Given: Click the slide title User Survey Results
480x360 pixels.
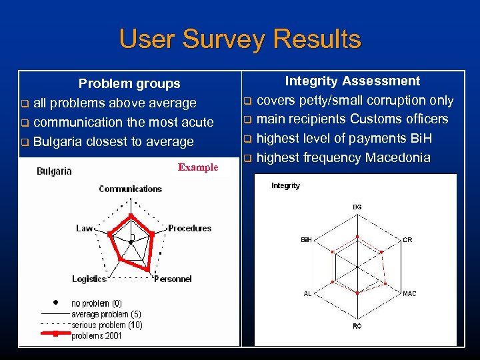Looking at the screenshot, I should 240,39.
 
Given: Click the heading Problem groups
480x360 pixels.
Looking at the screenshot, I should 129,84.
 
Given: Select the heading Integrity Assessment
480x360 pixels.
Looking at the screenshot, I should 352,81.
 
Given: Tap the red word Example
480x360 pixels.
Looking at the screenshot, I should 198,167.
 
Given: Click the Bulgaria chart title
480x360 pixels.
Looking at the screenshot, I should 54,171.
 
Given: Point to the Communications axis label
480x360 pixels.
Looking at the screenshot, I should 130,189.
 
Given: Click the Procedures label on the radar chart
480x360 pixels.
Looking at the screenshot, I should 189,228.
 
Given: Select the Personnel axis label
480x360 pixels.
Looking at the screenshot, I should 173,279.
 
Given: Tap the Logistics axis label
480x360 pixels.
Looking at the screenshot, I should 89,279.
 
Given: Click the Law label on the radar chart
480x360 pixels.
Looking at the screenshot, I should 84,228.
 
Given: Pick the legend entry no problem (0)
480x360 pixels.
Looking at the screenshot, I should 97,303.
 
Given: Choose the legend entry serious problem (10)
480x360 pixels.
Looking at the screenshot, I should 107,325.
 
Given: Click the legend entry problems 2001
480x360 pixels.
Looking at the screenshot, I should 97,335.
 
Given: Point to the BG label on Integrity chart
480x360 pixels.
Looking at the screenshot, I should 357,207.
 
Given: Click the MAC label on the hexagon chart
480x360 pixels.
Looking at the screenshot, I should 409,293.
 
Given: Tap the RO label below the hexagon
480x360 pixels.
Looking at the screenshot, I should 357,326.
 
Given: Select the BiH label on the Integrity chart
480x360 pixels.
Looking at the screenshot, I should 307,239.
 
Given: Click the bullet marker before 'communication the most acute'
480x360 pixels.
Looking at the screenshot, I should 25,123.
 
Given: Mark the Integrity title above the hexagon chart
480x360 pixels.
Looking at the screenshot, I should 285,186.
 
